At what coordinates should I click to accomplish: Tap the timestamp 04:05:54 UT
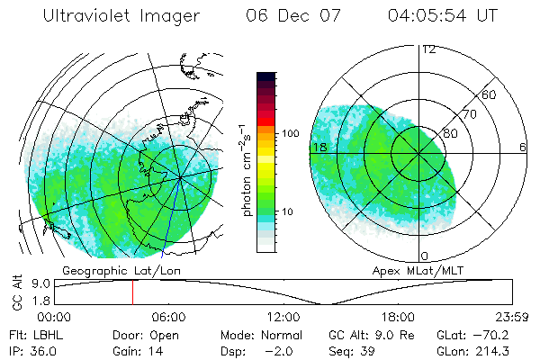pyautogui.click(x=444, y=16)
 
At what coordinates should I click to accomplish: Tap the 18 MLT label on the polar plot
pyautogui.click(x=318, y=147)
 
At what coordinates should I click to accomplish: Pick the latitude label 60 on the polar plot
pyautogui.click(x=490, y=94)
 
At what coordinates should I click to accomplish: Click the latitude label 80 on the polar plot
pyautogui.click(x=450, y=133)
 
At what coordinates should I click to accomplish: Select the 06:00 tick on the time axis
pyautogui.click(x=168, y=317)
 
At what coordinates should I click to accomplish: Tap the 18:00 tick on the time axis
pyautogui.click(x=398, y=317)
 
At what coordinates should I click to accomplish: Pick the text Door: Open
pyautogui.click(x=142, y=335)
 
